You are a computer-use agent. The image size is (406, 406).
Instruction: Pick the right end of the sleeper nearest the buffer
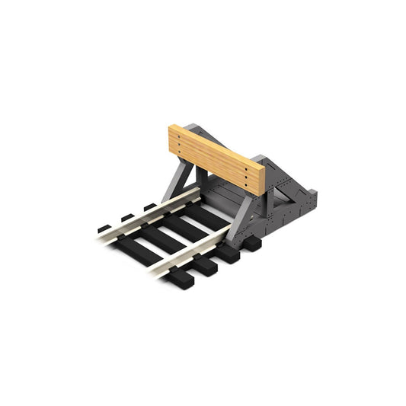pyautogui.click(x=252, y=244)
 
